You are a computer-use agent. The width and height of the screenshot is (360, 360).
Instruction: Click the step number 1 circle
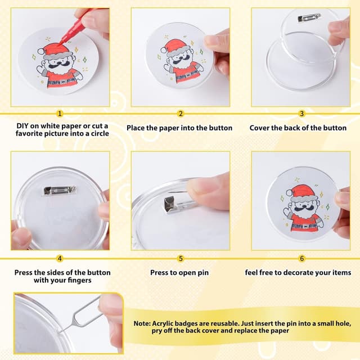[60, 114]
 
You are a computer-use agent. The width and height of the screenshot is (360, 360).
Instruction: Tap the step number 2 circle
[181, 114]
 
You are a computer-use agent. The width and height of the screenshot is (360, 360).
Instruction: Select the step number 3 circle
[301, 114]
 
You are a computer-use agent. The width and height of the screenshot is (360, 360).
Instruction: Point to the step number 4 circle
[60, 259]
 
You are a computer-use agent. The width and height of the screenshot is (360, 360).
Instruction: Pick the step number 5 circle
[181, 259]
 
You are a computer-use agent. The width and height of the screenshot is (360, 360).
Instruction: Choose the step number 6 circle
[301, 259]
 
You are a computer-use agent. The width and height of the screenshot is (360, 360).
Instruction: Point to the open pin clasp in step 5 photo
[170, 204]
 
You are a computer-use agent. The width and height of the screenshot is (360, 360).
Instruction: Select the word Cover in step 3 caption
[260, 128]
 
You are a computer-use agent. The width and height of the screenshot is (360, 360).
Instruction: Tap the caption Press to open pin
[181, 273]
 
